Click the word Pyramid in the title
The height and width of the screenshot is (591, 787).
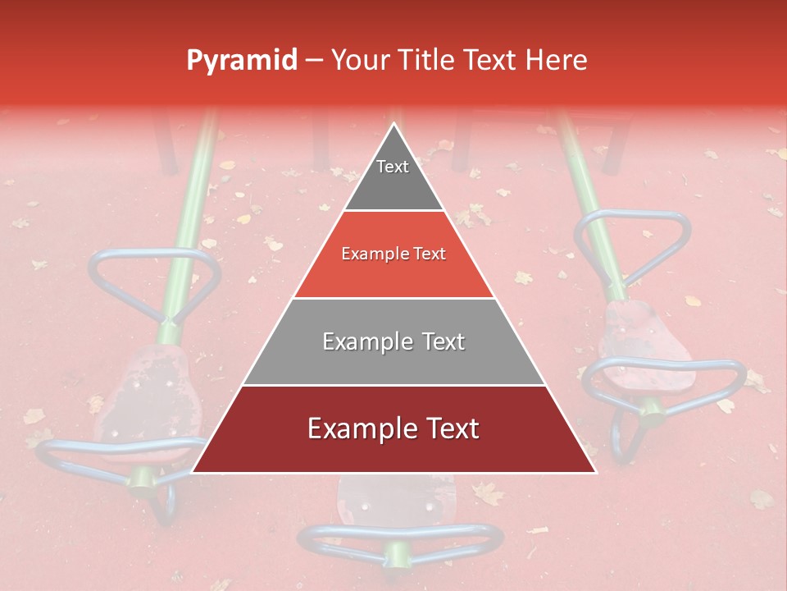(241, 61)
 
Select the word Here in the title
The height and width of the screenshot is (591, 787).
(557, 60)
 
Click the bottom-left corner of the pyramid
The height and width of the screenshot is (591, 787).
(193, 472)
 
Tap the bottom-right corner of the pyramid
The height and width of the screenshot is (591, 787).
(595, 472)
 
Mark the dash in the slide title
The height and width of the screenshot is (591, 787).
(314, 61)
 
